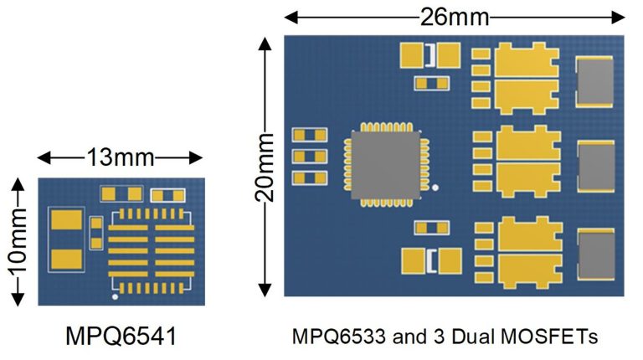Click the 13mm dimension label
point(118,157)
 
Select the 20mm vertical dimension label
point(263,167)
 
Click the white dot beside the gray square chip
point(435,188)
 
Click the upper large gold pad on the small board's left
point(67,222)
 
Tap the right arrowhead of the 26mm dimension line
point(620,16)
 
